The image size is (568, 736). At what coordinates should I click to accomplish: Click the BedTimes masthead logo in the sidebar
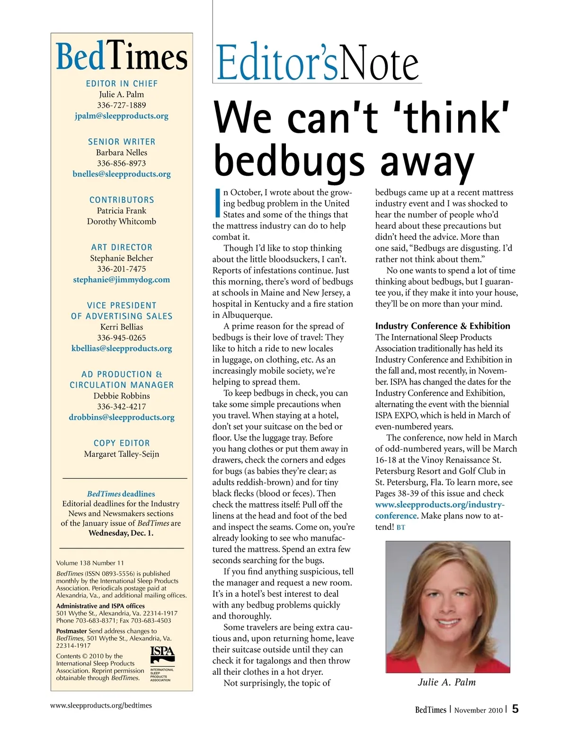tap(122, 57)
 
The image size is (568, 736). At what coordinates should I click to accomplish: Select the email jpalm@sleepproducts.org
tap(122, 116)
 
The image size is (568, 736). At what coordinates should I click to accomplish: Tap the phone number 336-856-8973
tap(122, 163)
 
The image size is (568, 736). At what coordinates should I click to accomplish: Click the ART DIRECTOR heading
tap(122, 247)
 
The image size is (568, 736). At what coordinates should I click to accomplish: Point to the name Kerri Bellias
tap(122, 327)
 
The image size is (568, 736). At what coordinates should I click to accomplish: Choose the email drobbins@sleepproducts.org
tap(122, 418)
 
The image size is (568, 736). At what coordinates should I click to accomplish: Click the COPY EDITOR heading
tap(122, 443)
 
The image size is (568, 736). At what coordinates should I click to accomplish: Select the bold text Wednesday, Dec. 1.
tap(121, 533)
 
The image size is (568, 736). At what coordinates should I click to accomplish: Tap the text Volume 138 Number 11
tap(90, 563)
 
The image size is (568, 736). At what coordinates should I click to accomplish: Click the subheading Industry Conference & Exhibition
tap(443, 326)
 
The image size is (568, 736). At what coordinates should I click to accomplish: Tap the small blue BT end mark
tap(400, 527)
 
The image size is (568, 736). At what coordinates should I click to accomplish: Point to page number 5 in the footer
tap(515, 709)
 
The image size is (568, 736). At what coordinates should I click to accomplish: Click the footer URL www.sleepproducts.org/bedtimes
tap(101, 705)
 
